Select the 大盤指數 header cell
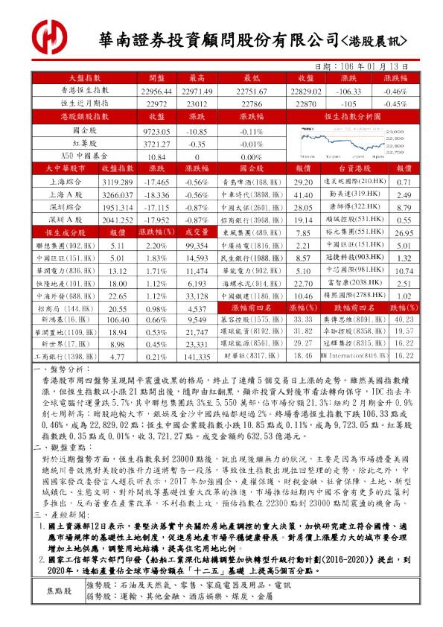pyautogui.click(x=85, y=77)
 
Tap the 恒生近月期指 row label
pyautogui.click(x=85, y=103)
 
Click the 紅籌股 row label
pyautogui.click(x=85, y=144)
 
